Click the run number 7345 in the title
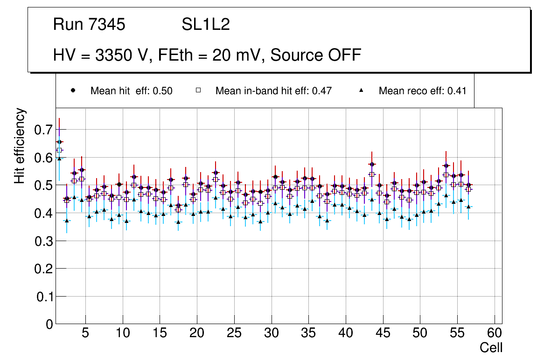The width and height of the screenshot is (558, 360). [107, 25]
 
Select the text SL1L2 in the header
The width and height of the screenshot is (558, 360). [206, 25]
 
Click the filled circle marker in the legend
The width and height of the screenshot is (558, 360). [73, 90]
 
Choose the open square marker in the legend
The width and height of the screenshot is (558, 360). [198, 90]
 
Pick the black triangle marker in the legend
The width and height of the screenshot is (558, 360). [362, 90]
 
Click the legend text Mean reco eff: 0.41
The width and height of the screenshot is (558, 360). [422, 91]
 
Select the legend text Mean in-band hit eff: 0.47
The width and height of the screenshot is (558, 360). [273, 91]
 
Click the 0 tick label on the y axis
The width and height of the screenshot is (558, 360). [49, 324]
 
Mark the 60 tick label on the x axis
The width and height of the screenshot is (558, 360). [495, 334]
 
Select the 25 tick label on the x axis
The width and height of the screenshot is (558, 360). [234, 334]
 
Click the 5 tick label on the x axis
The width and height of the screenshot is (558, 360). [85, 334]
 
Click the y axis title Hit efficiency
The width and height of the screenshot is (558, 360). [20, 145]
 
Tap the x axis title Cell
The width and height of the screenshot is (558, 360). [491, 348]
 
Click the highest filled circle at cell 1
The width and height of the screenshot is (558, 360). [59, 142]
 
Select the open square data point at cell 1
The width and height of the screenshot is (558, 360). [59, 150]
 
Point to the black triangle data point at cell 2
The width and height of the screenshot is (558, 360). [67, 221]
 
